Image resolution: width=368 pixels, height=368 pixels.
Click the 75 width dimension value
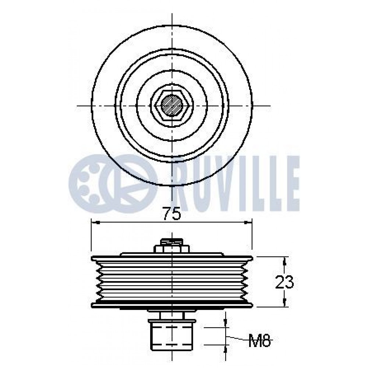point(172,213)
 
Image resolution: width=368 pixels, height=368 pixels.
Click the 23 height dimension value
point(284,282)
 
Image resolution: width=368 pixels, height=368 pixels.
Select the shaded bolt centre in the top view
point(172,106)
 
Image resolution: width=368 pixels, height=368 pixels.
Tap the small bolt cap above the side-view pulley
point(172,241)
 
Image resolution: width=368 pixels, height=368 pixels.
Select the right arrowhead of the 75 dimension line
point(247,223)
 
